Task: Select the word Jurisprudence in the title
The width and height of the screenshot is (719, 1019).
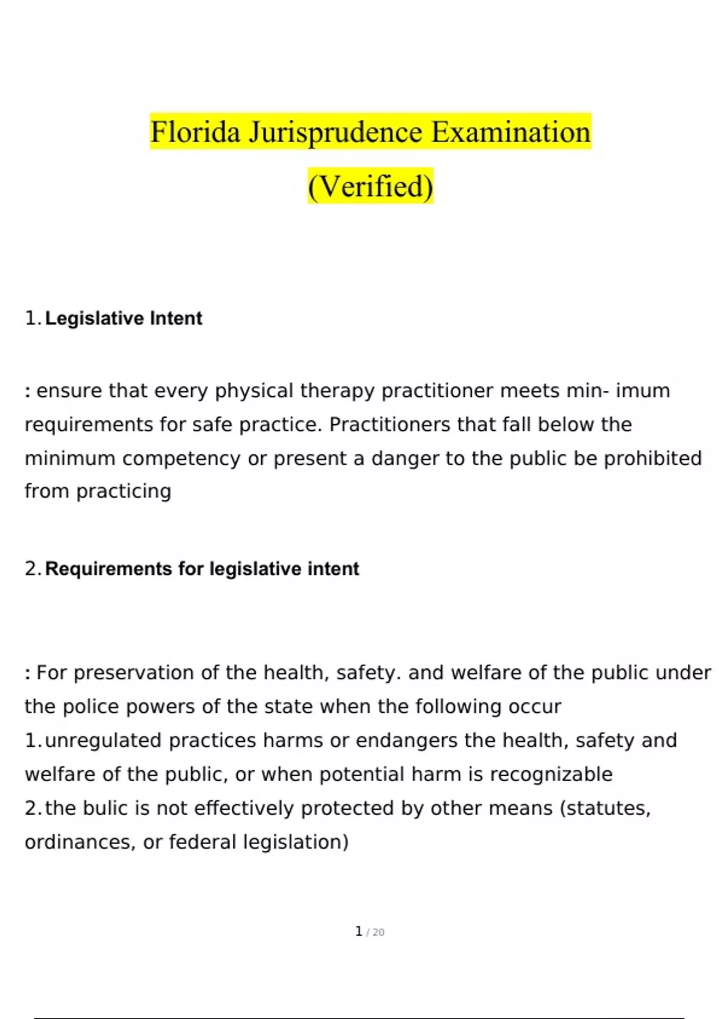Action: [x=336, y=132]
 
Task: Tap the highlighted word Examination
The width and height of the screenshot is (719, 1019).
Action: [x=510, y=132]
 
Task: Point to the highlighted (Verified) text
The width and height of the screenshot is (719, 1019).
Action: [x=370, y=186]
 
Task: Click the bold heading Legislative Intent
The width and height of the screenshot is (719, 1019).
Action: [x=123, y=318]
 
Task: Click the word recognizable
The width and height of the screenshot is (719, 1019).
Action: [x=551, y=774]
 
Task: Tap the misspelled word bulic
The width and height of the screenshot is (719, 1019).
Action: [x=105, y=809]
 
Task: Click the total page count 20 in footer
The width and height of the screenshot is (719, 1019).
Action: [x=378, y=933]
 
